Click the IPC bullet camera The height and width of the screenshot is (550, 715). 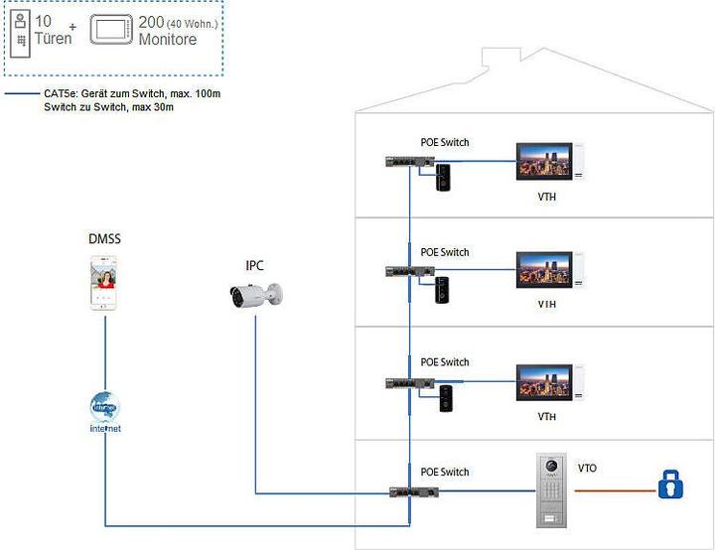(255, 295)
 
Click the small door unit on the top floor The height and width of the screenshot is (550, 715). (444, 177)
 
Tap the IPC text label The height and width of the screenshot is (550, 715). (254, 265)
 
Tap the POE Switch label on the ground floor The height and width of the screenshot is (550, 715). (444, 472)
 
